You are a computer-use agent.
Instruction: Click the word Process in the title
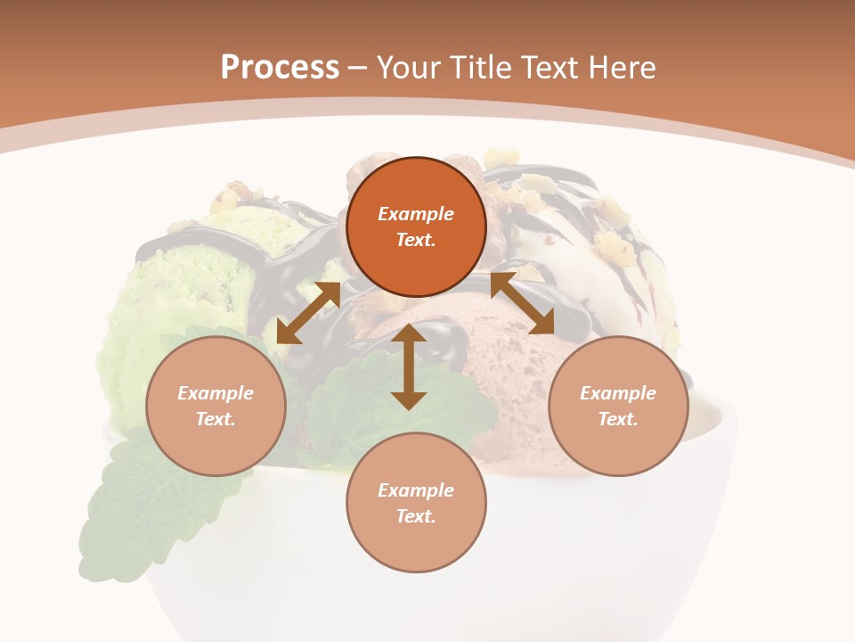point(280,68)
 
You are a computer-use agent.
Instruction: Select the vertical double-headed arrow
point(409,366)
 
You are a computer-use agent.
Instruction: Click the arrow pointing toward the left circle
point(308,313)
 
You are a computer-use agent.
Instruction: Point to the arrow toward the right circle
point(523,304)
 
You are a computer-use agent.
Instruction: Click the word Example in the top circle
point(416,214)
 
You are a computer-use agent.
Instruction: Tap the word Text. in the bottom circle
point(416,516)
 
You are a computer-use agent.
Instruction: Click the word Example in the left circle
point(216,393)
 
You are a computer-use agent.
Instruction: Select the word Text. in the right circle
point(618,419)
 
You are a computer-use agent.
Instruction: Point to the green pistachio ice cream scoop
point(169,294)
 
